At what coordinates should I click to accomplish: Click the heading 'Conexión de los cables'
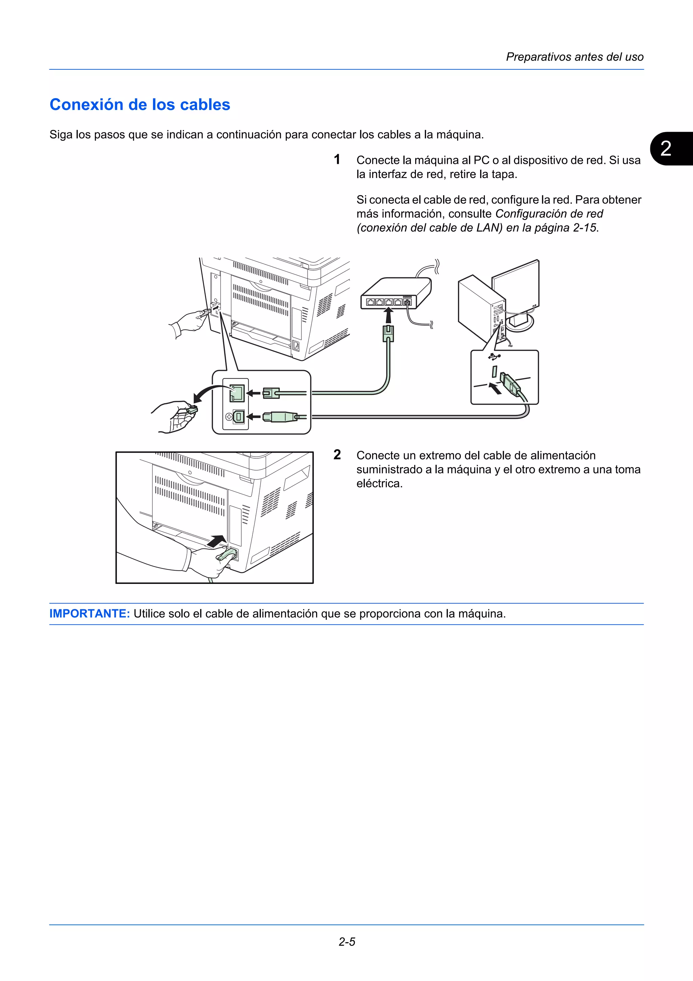[x=140, y=105]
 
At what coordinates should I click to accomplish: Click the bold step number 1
[x=337, y=159]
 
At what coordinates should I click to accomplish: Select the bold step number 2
[x=337, y=455]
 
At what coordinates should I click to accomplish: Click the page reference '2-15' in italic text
[x=584, y=228]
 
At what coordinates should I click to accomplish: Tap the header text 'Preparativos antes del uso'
[x=574, y=57]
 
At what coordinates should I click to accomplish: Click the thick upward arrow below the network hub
[x=388, y=317]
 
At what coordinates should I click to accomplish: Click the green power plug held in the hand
[x=227, y=555]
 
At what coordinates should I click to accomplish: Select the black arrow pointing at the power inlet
[x=217, y=541]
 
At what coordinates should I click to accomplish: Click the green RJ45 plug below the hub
[x=388, y=333]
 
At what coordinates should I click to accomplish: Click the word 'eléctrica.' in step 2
[x=379, y=484]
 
